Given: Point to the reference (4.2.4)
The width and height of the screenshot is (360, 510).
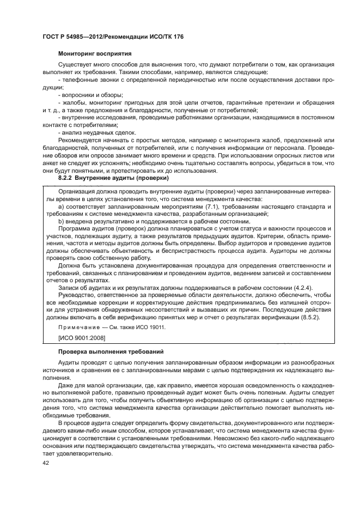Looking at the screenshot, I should (x=302, y=288).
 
